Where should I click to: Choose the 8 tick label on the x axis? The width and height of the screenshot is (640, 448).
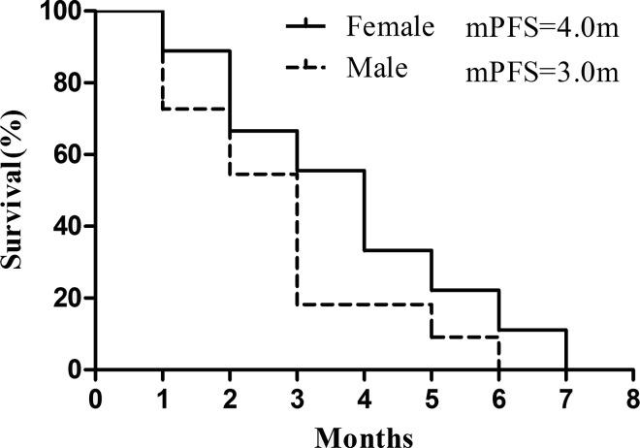pos(632,399)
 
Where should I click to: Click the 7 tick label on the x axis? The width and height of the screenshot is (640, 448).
pos(565,399)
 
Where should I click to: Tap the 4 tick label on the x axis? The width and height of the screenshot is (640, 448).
pos(365,399)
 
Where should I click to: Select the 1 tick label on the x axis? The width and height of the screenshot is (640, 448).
pos(163,399)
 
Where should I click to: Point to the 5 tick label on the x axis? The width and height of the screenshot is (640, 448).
pos(432,399)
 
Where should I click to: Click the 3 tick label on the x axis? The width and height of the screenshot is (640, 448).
pos(297,399)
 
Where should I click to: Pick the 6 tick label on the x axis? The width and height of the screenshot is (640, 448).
pos(498,399)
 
